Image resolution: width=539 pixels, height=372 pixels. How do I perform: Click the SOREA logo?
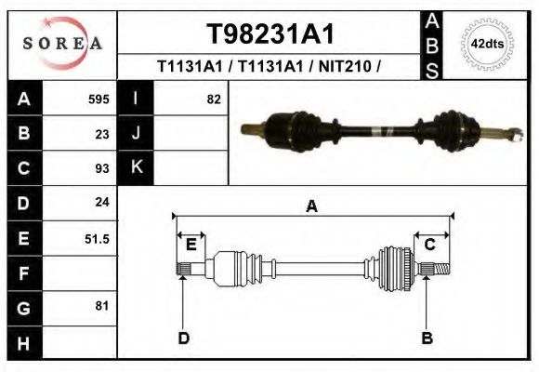pyautogui.click(x=62, y=44)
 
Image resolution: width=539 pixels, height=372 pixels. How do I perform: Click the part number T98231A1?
pyautogui.click(x=269, y=33)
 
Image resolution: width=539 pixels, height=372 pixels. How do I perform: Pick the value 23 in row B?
pyautogui.click(x=102, y=133)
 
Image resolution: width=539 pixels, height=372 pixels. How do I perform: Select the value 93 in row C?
pyautogui.click(x=102, y=168)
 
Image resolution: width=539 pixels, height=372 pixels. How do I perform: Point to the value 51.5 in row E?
pyautogui.click(x=98, y=239)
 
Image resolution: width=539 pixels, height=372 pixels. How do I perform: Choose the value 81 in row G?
pyautogui.click(x=102, y=305)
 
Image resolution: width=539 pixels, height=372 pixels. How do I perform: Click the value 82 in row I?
pyautogui.click(x=214, y=99)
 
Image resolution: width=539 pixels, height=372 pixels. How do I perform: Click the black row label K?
pyautogui.click(x=136, y=167)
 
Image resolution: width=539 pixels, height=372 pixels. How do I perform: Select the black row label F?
pyautogui.click(x=23, y=274)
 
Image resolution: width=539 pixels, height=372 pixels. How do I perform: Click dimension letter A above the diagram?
pyautogui.click(x=312, y=206)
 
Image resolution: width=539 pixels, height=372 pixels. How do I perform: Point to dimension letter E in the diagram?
pyautogui.click(x=191, y=245)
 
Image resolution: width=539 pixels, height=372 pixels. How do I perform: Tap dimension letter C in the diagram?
pyautogui.click(x=430, y=245)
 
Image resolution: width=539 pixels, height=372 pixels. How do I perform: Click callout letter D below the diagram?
pyautogui.click(x=184, y=337)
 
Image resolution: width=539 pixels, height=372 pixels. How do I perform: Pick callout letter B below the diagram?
pyautogui.click(x=427, y=337)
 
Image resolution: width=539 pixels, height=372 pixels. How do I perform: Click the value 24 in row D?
pyautogui.click(x=102, y=202)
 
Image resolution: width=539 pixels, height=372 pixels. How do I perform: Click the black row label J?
pyautogui.click(x=136, y=133)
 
